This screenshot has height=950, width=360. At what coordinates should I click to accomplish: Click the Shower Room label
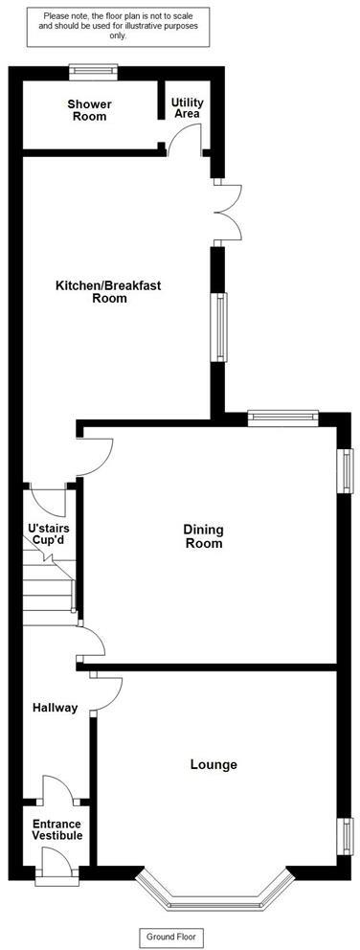[x=87, y=110]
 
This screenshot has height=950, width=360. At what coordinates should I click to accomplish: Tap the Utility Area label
[x=187, y=107]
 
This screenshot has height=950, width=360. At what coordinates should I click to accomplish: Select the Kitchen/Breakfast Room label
[x=104, y=291]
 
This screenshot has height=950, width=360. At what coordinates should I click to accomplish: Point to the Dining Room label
[x=203, y=536]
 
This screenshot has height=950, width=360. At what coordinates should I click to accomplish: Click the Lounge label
[x=214, y=764]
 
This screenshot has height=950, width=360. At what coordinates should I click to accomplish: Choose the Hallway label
[x=55, y=708]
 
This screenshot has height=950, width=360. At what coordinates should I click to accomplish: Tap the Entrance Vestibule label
[x=57, y=830]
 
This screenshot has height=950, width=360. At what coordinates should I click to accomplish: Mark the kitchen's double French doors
[x=229, y=211]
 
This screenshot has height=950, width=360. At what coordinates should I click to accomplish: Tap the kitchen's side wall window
[x=221, y=327]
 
